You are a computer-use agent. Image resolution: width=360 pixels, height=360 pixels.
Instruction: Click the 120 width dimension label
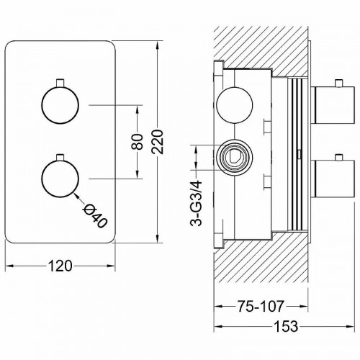click(60, 266)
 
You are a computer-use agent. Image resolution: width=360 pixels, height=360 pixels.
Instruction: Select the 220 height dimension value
click(158, 142)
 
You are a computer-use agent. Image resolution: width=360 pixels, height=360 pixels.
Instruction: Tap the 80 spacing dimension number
click(138, 142)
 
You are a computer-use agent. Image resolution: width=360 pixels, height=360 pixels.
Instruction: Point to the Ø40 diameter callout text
click(94, 216)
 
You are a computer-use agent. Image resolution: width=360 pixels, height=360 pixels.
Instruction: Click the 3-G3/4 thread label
click(197, 204)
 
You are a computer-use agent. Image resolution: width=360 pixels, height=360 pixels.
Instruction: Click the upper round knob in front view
click(60, 105)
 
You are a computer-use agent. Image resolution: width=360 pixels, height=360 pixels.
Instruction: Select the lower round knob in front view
click(60, 179)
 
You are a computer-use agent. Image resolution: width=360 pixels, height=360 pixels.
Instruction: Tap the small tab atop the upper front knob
click(60, 82)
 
